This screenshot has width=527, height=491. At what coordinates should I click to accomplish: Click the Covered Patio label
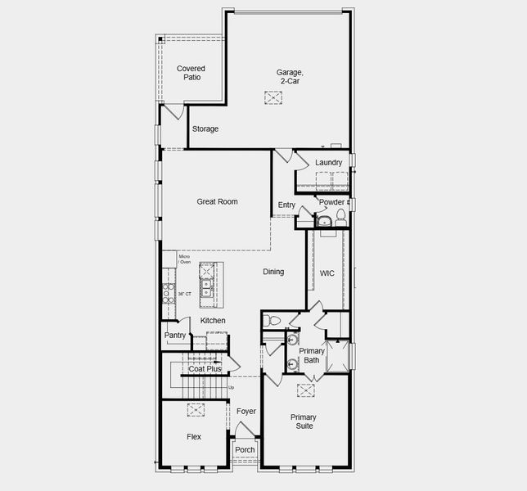coord(191,73)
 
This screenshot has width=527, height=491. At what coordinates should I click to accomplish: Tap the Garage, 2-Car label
coord(290,77)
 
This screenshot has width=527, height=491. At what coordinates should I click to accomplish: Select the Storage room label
coord(205,129)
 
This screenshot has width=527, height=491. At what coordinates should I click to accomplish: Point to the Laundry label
coord(328,163)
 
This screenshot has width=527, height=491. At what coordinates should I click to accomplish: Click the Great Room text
coord(217,201)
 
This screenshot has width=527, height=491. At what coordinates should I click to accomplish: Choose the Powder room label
coord(331,202)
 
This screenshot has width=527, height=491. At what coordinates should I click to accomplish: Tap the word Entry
coord(286,205)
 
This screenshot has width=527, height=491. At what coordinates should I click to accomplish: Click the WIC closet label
coord(327,273)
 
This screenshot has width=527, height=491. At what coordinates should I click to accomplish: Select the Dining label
coord(273,272)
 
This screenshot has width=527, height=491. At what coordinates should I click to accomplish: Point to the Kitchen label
coord(213,321)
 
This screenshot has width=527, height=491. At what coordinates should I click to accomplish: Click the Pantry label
coord(174,336)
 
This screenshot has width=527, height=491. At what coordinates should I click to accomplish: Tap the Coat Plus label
coord(205,369)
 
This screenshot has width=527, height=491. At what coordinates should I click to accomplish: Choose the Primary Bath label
coord(312,356)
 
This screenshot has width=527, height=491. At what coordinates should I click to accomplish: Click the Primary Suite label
coord(304,421)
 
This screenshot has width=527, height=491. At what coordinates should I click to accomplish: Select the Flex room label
coord(194,437)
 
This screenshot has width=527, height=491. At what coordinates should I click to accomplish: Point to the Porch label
coord(245,450)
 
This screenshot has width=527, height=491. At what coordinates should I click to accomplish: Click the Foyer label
coord(246,412)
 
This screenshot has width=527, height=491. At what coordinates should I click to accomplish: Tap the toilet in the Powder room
coord(340,218)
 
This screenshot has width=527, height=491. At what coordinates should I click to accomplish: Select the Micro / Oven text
coord(185,259)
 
